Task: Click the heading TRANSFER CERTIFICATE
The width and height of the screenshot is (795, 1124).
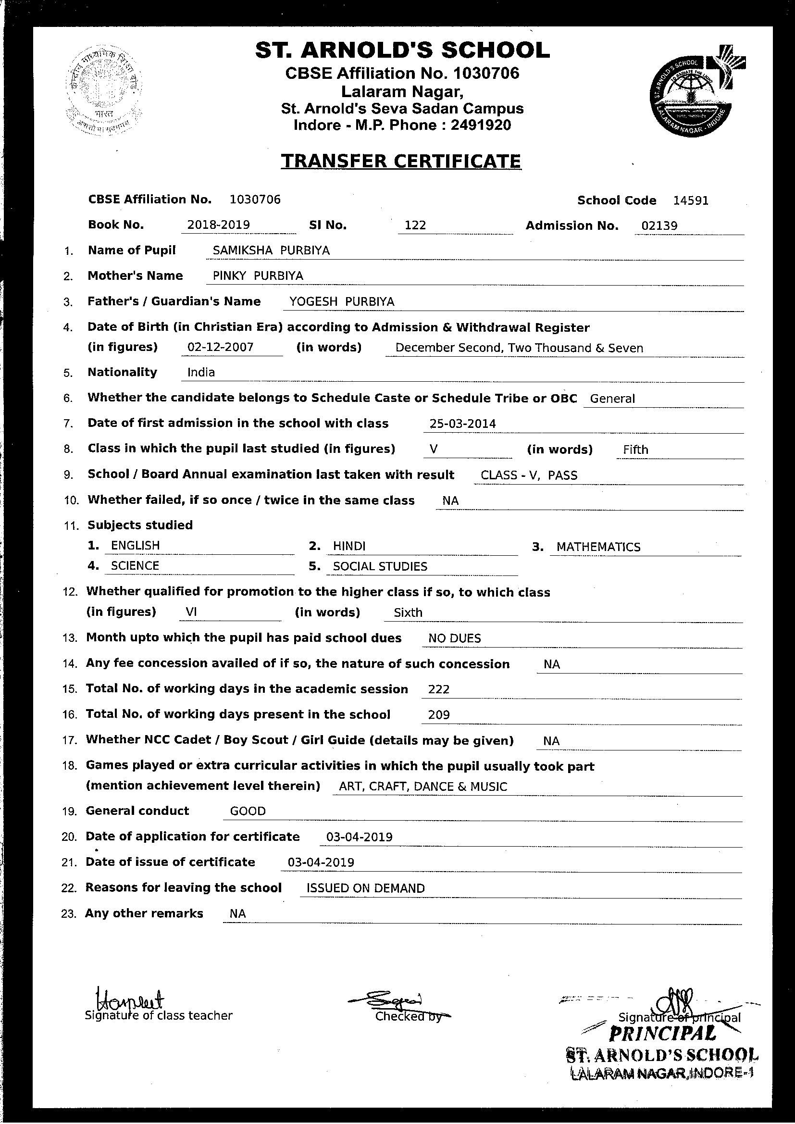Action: click(x=400, y=161)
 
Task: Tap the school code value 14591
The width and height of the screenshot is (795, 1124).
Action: click(x=690, y=200)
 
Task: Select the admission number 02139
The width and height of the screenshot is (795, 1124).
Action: click(x=659, y=225)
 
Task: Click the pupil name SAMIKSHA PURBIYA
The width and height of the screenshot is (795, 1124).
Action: click(x=271, y=250)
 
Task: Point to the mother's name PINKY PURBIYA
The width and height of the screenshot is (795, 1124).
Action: click(x=258, y=276)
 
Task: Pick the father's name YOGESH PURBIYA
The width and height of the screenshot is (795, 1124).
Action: click(x=341, y=301)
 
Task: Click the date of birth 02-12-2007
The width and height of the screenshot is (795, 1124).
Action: click(x=220, y=348)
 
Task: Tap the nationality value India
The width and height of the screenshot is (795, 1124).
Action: click(x=201, y=373)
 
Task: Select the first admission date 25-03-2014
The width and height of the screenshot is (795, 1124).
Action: click(x=462, y=424)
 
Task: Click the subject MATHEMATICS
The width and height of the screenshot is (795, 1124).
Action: click(x=598, y=547)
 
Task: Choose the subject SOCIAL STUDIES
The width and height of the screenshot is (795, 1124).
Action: click(x=380, y=566)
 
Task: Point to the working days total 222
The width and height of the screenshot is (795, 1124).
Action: click(x=439, y=689)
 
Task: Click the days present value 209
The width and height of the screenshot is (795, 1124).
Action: click(x=439, y=715)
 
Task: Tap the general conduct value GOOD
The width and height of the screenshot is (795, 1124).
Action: click(x=248, y=811)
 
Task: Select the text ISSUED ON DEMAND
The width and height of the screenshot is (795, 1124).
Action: click(x=365, y=888)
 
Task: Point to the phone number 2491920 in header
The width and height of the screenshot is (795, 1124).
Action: click(x=480, y=125)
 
